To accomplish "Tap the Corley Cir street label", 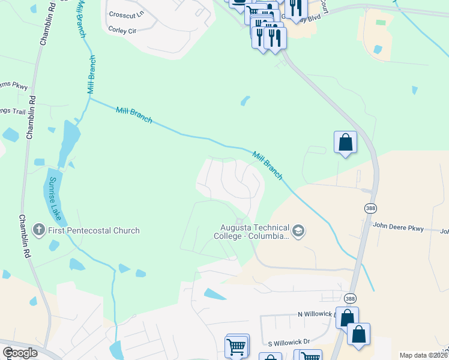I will point(122,29).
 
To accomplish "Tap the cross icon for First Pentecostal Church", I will point(38,230).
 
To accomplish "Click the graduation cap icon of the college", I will point(298,231).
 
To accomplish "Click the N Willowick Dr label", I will point(316,314).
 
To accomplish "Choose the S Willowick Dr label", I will point(289,342).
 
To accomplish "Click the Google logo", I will point(20,353).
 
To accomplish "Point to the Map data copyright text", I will point(423,355).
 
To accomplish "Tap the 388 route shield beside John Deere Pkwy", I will point(370,208).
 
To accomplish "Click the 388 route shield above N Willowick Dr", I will point(350,298).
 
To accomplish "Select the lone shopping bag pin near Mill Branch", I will point(345,142).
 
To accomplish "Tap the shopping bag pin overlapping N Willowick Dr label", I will point(347,317).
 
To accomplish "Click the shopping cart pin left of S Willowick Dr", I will point(235,346).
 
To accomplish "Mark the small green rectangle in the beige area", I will point(381,22).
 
